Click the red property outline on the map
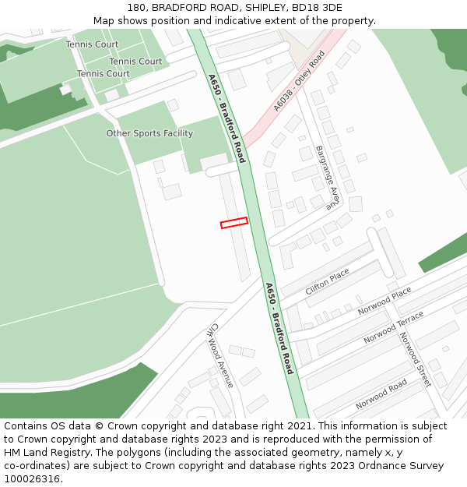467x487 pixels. click(x=233, y=223)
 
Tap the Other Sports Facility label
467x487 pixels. click(x=149, y=133)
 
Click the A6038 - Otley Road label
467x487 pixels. click(x=299, y=82)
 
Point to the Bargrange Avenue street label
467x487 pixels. click(x=328, y=178)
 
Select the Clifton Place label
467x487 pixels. click(x=327, y=281)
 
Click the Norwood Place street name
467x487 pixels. click(x=384, y=301)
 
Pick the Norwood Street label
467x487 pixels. click(x=415, y=359)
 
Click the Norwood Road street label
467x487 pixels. click(x=381, y=394)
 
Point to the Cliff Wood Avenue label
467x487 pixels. click(x=221, y=356)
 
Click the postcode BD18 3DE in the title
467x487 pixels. click(x=314, y=8)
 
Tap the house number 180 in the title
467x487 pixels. click(x=138, y=8)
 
